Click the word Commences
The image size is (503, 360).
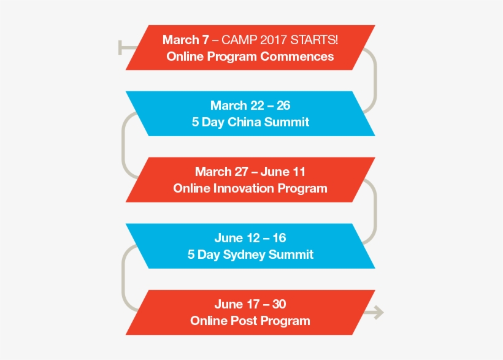pyautogui.click(x=297, y=56)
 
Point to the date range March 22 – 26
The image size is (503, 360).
pyautogui.click(x=250, y=106)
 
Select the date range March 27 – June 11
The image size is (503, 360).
pyautogui.click(x=250, y=172)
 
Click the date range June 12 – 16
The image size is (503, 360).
pyautogui.click(x=250, y=238)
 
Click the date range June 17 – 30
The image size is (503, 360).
pyautogui.click(x=250, y=304)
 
